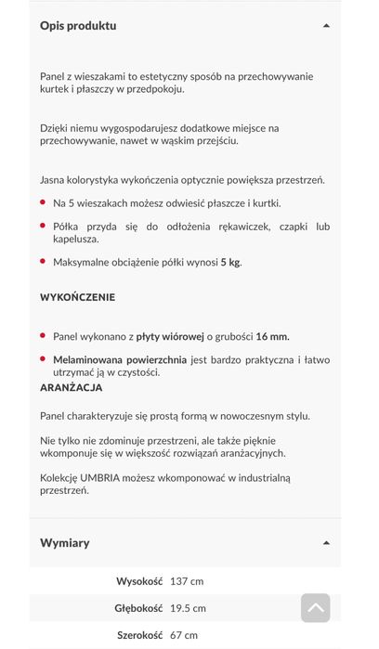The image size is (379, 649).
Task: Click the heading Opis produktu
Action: click(x=78, y=26)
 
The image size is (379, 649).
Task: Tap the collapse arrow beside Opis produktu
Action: click(x=326, y=26)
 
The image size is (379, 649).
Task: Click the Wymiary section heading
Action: click(x=65, y=542)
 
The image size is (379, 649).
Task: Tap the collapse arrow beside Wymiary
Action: click(x=326, y=542)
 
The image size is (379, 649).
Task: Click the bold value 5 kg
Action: click(x=230, y=263)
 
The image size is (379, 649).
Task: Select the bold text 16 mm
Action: click(x=279, y=336)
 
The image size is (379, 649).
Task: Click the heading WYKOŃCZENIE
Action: click(x=77, y=297)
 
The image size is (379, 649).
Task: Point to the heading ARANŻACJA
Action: click(x=71, y=387)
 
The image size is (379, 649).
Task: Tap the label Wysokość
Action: click(x=139, y=581)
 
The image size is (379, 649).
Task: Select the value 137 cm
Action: click(x=187, y=581)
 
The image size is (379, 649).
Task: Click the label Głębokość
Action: click(x=137, y=608)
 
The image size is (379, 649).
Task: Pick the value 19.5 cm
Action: click(x=188, y=608)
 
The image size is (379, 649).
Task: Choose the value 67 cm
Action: click(x=183, y=635)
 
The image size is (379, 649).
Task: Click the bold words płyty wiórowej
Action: click(x=170, y=336)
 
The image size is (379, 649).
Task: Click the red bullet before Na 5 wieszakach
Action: click(x=43, y=202)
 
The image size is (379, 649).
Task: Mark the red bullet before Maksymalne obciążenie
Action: click(x=43, y=262)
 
